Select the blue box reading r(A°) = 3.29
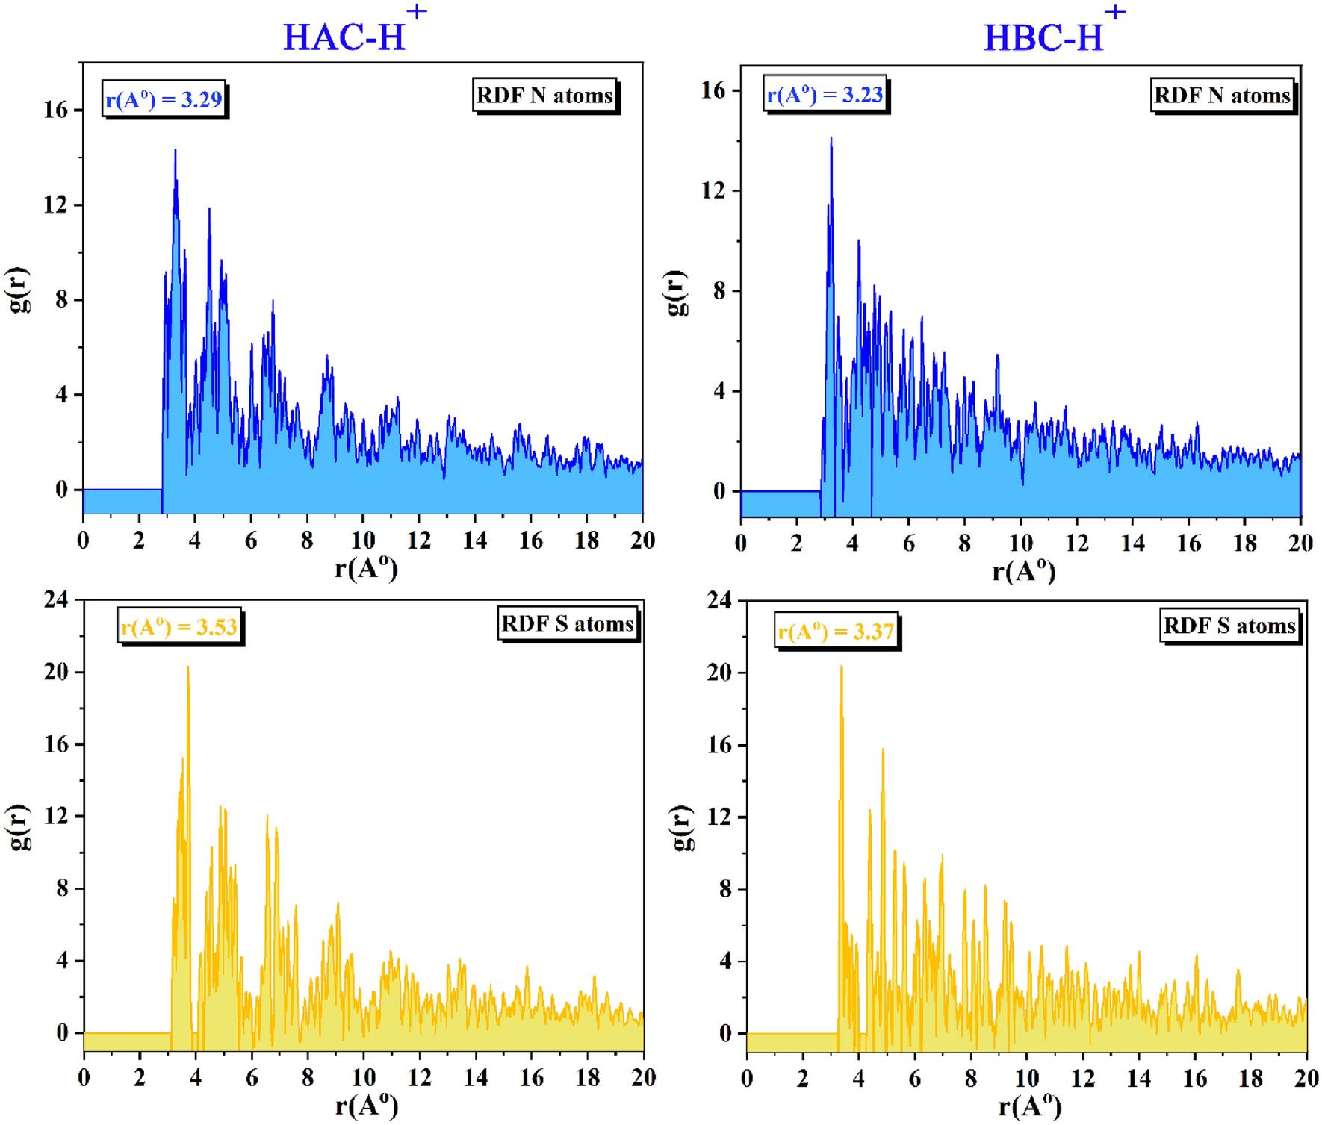pyautogui.click(x=164, y=99)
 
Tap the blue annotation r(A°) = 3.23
pyautogui.click(x=825, y=94)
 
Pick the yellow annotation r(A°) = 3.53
pyautogui.click(x=179, y=626)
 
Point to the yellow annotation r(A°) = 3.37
pyautogui.click(x=836, y=632)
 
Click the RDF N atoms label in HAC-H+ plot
pyautogui.click(x=544, y=96)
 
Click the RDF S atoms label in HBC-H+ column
pyautogui.click(x=1229, y=625)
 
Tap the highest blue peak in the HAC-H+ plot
pyautogui.click(x=176, y=152)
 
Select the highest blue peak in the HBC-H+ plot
pyautogui.click(x=831, y=140)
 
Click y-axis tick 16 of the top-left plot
pyautogui.click(x=55, y=110)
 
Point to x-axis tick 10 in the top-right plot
pyautogui.click(x=1020, y=543)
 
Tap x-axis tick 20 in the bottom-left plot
pyautogui.click(x=643, y=1077)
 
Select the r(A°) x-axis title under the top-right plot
pyautogui.click(x=1022, y=572)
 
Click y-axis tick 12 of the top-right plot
pyautogui.click(x=713, y=190)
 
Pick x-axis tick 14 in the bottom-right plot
pyautogui.click(x=1138, y=1078)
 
